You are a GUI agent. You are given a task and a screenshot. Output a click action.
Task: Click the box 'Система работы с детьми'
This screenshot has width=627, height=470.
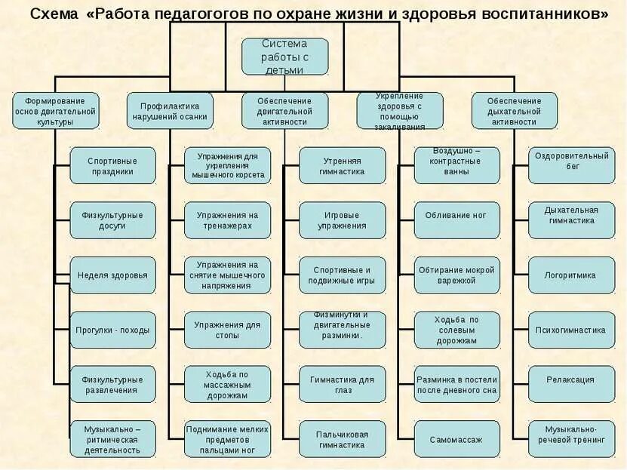(284, 57)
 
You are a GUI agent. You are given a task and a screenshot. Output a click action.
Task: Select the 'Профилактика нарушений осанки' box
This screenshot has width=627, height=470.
(170, 111)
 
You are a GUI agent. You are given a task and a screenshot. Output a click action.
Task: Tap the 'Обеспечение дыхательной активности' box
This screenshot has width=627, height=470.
(514, 111)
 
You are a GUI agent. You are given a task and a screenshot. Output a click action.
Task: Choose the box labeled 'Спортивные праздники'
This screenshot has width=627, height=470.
(112, 166)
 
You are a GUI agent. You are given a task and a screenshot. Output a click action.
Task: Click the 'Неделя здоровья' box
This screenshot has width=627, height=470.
(112, 275)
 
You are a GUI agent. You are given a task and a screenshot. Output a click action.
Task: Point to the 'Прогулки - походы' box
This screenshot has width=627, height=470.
(112, 330)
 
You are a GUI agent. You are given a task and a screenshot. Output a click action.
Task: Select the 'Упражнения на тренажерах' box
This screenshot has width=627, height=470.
(227, 220)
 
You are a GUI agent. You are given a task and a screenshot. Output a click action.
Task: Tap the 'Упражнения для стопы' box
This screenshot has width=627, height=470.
(227, 330)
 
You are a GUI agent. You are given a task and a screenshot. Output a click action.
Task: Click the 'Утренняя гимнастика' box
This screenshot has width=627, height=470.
(342, 166)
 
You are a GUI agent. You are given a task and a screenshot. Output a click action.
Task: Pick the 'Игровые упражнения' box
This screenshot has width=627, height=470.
(342, 220)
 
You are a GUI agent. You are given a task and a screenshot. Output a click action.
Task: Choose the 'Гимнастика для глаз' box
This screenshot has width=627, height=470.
(342, 385)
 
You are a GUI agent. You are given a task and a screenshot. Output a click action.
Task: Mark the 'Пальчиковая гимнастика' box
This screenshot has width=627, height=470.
(342, 439)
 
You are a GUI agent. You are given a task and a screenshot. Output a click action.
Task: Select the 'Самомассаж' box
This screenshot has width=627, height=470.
(456, 439)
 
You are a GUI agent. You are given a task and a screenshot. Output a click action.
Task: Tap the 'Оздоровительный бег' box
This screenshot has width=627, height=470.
(571, 166)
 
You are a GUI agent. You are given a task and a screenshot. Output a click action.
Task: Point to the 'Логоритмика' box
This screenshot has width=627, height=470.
(571, 275)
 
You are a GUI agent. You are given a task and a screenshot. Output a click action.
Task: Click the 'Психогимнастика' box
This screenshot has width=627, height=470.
(571, 330)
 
